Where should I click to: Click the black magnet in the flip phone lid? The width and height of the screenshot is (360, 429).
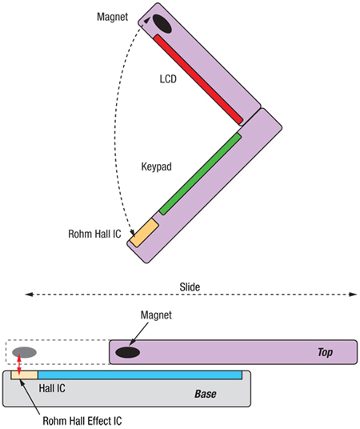(162, 24)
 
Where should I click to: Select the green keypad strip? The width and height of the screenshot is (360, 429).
(200, 174)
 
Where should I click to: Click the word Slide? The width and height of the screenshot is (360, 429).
(190, 286)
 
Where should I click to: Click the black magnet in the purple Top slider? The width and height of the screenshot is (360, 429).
(127, 352)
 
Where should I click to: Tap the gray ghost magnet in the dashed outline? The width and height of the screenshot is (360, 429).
(24, 352)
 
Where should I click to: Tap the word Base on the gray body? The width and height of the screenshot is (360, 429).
(206, 395)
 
